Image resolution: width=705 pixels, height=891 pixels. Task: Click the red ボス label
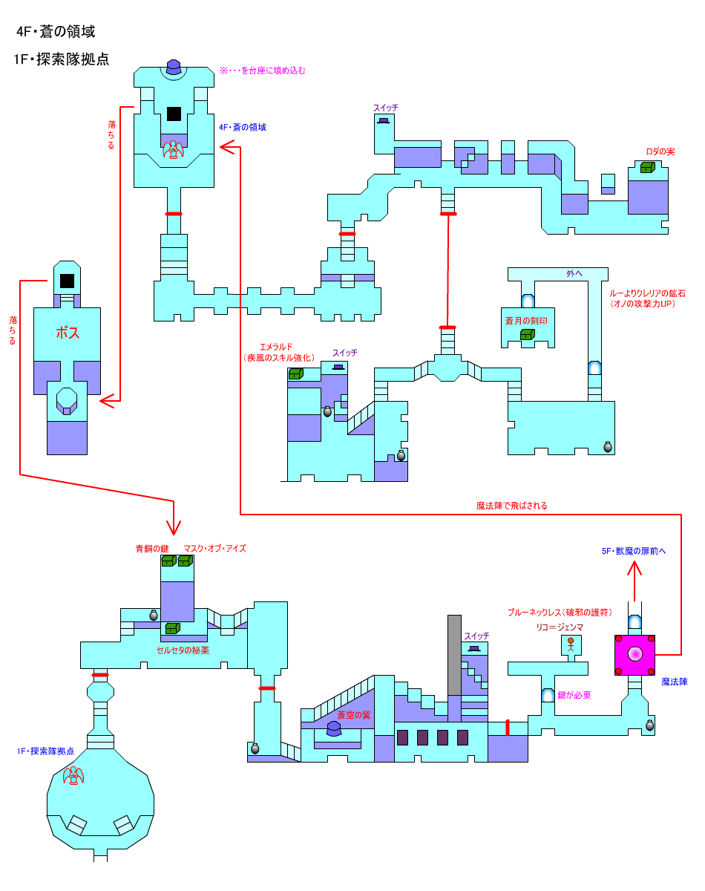tap(68, 333)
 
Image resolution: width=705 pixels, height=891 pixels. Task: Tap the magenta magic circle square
tap(634, 655)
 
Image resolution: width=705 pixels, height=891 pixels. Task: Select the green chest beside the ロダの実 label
tap(647, 167)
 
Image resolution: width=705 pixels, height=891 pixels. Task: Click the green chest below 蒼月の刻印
tap(528, 334)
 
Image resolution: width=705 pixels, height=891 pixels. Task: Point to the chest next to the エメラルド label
tap(295, 374)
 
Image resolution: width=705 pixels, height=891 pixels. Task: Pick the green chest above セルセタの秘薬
tap(172, 628)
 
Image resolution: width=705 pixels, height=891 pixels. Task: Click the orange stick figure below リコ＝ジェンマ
tap(571, 644)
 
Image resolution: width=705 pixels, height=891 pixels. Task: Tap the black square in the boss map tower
tap(67, 281)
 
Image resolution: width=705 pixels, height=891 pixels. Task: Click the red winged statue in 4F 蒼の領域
tap(174, 149)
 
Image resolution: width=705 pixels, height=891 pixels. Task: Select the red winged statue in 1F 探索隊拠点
tap(73, 775)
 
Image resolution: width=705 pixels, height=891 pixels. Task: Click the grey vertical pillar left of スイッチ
tap(454, 655)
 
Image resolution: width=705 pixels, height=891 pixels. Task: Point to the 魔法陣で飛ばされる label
tap(511, 506)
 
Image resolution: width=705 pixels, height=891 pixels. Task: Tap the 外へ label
tap(574, 273)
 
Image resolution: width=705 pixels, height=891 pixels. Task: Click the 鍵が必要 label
tap(574, 695)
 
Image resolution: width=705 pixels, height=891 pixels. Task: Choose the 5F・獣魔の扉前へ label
tap(633, 551)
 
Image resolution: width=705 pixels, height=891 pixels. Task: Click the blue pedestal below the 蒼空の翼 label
tap(334, 728)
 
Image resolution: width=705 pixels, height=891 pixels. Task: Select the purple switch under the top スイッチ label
tap(384, 121)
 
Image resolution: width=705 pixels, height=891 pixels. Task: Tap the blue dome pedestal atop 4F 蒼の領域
tap(174, 67)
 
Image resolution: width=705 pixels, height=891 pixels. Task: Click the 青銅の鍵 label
tap(152, 549)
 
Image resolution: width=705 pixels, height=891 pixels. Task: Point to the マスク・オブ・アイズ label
tap(215, 549)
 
